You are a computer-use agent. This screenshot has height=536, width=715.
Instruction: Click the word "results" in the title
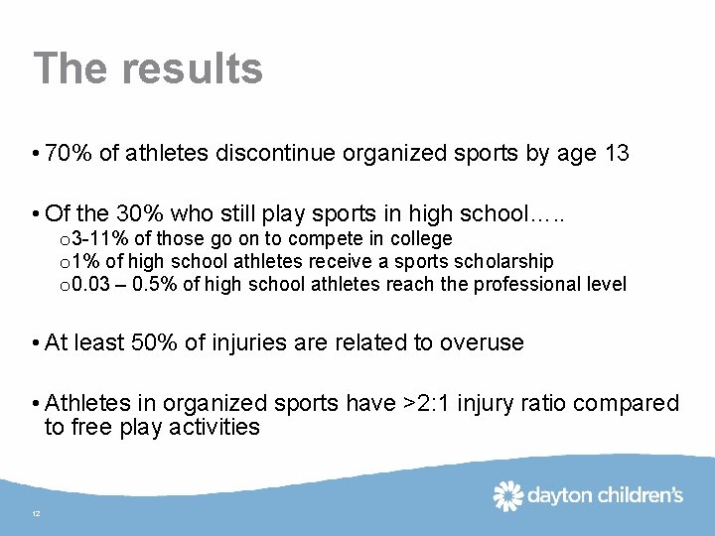[193, 68]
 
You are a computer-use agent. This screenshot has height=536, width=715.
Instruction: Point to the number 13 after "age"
[616, 155]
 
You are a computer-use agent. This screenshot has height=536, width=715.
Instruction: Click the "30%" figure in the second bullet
[140, 214]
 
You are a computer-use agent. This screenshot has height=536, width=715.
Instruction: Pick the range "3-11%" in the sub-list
[97, 239]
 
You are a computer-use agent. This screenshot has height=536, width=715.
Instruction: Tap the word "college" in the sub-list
[420, 239]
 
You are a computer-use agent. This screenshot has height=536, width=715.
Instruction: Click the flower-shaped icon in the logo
[507, 494]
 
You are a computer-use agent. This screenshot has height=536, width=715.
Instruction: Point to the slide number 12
[36, 513]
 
